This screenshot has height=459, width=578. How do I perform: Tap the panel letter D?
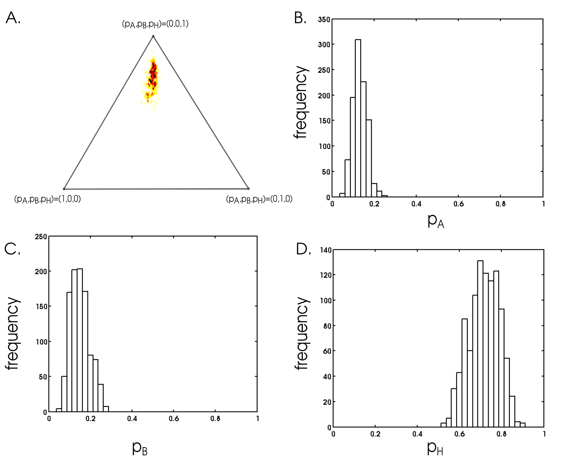tap(303, 249)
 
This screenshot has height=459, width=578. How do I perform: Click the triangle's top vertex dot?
tap(153, 36)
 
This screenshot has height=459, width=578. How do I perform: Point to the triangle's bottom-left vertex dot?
tap(64, 189)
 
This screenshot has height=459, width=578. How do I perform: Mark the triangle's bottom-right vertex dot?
tap(248, 188)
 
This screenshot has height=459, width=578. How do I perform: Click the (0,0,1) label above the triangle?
tap(155, 24)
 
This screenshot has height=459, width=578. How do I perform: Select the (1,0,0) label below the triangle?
tap(48, 199)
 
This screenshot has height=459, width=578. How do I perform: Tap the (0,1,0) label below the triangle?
tap(259, 199)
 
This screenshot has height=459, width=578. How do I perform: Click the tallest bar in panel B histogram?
tap(358, 118)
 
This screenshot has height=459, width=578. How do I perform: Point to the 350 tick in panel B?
tap(324, 20)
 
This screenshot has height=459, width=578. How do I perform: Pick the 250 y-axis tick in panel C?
tap(41, 237)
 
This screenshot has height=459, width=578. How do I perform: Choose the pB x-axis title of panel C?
tap(140, 448)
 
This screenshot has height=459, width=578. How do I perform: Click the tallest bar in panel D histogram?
tap(480, 344)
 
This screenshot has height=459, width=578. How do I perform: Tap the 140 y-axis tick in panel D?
tap(326, 250)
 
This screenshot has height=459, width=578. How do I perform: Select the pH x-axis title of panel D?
tap(435, 448)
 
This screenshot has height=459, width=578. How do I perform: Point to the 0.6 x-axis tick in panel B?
tap(459, 204)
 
